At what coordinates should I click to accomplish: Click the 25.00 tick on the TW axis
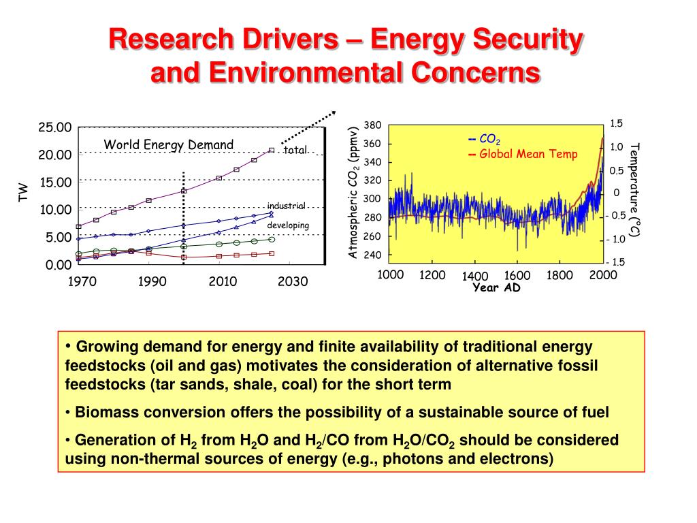(x=54, y=127)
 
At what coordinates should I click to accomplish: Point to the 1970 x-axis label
(x=81, y=282)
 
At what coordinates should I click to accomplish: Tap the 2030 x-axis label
(x=293, y=282)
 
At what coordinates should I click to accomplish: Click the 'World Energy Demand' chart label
(x=168, y=144)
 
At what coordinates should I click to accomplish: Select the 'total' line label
(x=296, y=150)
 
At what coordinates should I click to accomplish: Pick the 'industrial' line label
(x=286, y=206)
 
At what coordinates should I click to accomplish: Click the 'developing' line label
(x=288, y=225)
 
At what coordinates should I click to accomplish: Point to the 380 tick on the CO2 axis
(x=372, y=125)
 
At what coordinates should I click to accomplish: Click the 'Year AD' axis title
(x=496, y=287)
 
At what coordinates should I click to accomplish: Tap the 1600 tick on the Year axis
(x=517, y=276)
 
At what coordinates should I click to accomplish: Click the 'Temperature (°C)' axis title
(x=635, y=190)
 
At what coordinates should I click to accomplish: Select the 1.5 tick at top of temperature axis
(x=616, y=123)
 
